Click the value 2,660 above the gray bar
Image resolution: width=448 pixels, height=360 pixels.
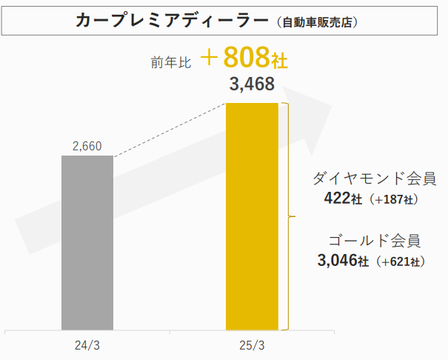(87, 147)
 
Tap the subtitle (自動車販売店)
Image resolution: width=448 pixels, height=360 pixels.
(319, 22)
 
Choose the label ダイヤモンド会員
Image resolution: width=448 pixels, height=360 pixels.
(374, 179)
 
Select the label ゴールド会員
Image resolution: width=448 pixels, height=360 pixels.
(375, 240)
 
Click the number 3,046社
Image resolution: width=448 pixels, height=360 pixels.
(341, 261)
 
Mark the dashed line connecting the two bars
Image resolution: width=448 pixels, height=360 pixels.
(169, 130)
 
